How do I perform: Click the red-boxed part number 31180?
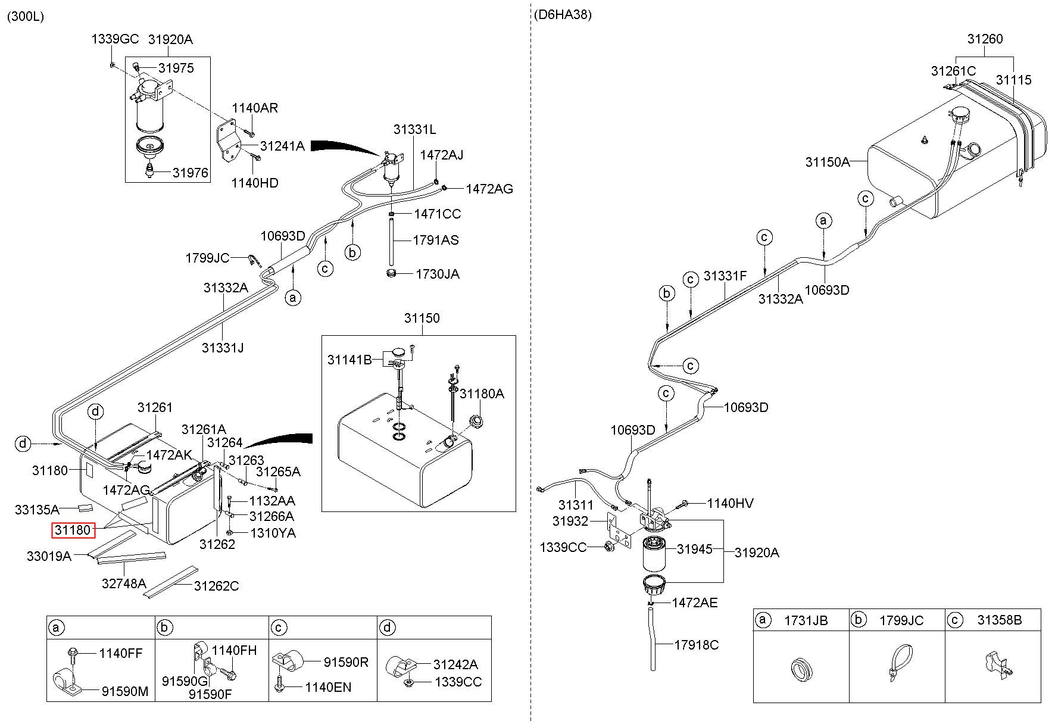[73, 529]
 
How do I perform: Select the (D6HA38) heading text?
[563, 15]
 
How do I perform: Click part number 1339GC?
[115, 39]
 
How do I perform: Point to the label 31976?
[191, 173]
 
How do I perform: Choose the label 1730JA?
[438, 274]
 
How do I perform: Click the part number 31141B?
[349, 360]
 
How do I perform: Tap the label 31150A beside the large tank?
[828, 162]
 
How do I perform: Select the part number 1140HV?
[731, 504]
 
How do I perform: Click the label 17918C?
[697, 645]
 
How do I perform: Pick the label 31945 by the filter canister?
[695, 549]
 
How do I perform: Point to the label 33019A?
[49, 556]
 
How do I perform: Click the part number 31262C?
[216, 586]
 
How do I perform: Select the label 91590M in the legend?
[125, 691]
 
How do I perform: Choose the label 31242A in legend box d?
[455, 664]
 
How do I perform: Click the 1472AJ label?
[442, 155]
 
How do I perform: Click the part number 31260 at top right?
[985, 39]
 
